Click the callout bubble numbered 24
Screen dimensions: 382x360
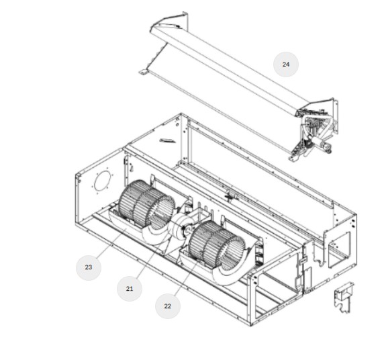(286, 64)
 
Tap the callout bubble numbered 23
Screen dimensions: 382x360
(89, 267)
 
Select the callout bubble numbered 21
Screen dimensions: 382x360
(130, 289)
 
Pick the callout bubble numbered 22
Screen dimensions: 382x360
(168, 306)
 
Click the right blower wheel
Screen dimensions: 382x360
(217, 244)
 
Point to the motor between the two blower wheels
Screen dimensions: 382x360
(183, 226)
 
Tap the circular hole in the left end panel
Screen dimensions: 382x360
(103, 181)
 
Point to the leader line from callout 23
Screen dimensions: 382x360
(111, 243)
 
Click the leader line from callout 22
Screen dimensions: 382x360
(186, 278)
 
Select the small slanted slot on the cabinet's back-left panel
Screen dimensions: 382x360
(167, 140)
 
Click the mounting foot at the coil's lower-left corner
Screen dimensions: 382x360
(143, 71)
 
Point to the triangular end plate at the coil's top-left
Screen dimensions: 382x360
(171, 21)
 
